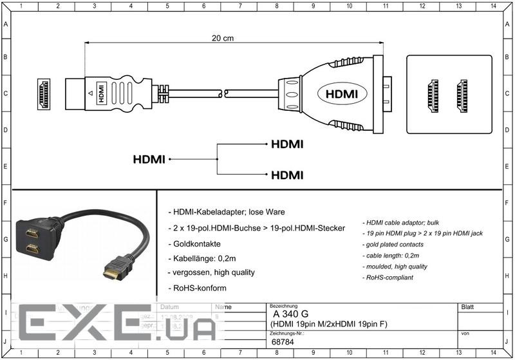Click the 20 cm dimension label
(x=223, y=38)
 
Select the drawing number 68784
(x=283, y=342)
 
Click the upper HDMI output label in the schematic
(x=287, y=144)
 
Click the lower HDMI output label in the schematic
(x=287, y=175)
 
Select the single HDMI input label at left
(x=149, y=159)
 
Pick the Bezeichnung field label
(x=283, y=305)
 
